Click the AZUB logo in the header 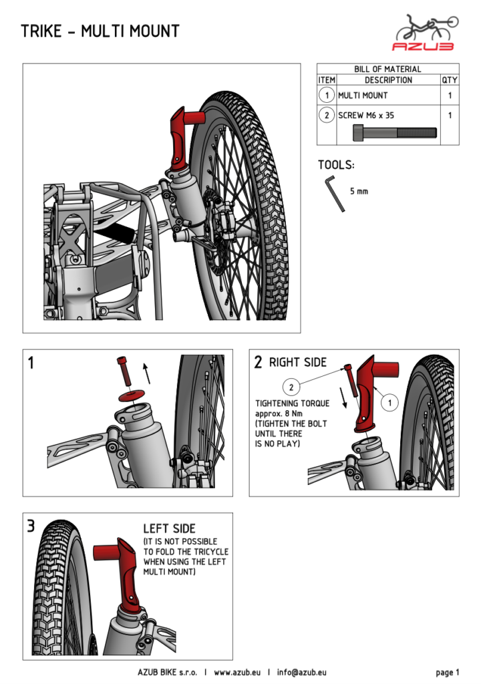[x=426, y=33]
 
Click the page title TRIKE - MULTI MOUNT [x=100, y=31]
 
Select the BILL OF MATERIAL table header [x=387, y=69]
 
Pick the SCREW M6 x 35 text [x=366, y=116]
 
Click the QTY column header [x=450, y=80]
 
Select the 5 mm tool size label [x=359, y=192]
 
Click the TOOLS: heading [x=336, y=165]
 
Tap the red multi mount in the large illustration [x=181, y=137]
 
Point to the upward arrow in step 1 [x=147, y=372]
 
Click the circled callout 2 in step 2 [x=291, y=386]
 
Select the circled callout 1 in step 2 [x=388, y=403]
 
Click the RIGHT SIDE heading [x=298, y=363]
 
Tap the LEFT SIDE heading [x=169, y=528]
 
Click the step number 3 [x=31, y=526]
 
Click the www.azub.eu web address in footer [x=237, y=672]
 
